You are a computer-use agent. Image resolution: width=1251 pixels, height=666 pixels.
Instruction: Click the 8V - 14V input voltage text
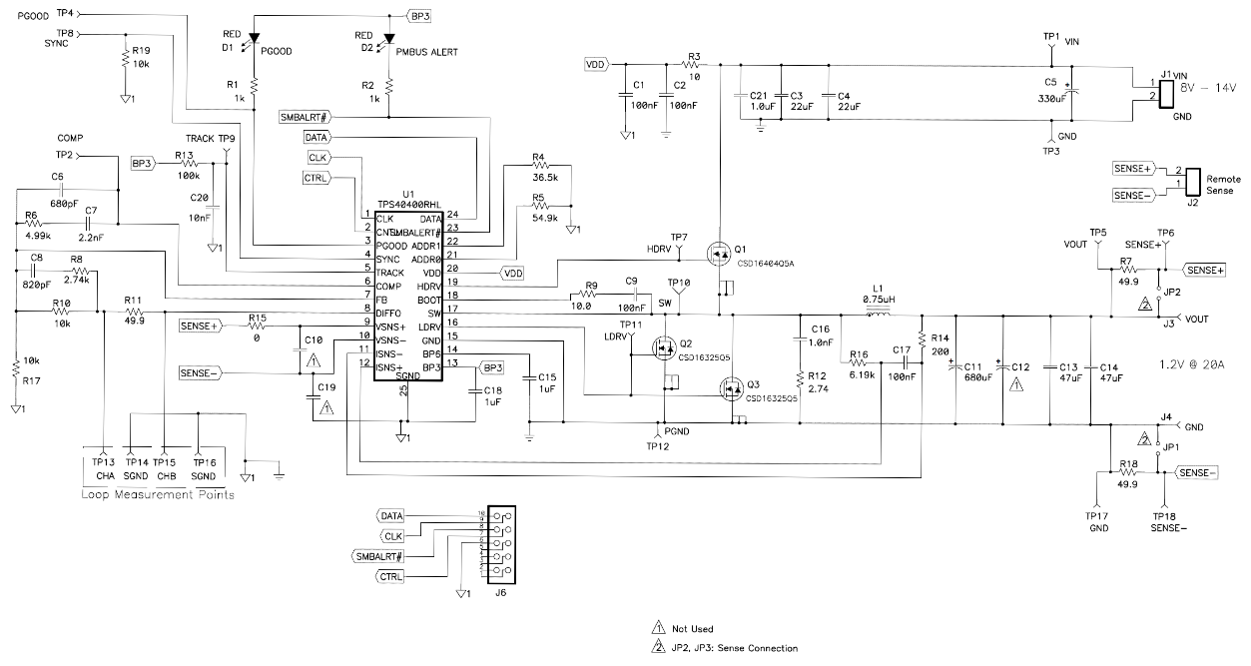[x=1208, y=87]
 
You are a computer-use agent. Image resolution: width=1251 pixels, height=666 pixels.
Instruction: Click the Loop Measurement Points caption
[x=159, y=494]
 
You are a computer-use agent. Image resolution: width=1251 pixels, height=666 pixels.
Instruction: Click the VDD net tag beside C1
[x=595, y=64]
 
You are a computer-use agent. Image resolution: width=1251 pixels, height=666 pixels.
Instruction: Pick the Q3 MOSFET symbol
[x=732, y=386]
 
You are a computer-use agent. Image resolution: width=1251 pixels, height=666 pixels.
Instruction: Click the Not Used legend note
[x=692, y=629]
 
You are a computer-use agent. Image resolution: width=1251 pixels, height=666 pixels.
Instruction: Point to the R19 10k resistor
[x=126, y=58]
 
